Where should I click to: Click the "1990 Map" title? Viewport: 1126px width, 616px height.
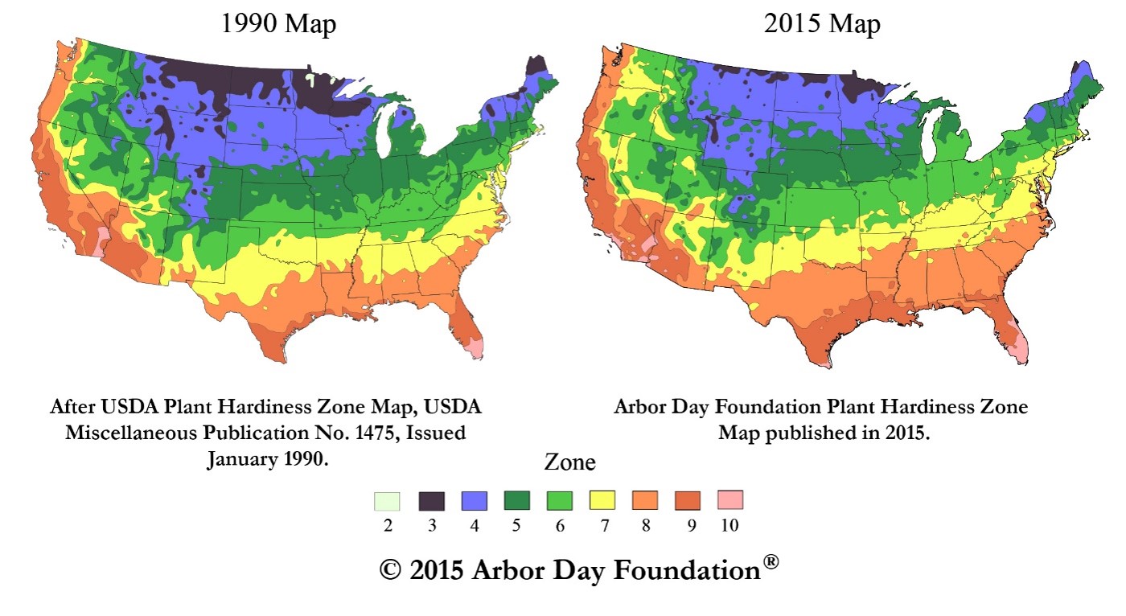click(278, 24)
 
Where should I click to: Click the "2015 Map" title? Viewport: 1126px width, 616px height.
click(822, 24)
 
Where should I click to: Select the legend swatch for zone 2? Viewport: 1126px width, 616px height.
click(387, 500)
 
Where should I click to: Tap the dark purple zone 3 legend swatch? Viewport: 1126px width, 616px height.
click(432, 500)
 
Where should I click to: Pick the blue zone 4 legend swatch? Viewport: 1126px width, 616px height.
click(475, 500)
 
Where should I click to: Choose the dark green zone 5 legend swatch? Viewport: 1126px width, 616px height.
click(516, 500)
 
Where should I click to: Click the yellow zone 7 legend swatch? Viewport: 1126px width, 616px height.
click(602, 500)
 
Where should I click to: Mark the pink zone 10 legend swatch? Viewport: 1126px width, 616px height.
click(729, 500)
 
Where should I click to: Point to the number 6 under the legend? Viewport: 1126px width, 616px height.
click(560, 526)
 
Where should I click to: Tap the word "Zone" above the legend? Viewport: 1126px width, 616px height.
click(570, 463)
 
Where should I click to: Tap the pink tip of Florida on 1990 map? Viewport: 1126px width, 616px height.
click(477, 348)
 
